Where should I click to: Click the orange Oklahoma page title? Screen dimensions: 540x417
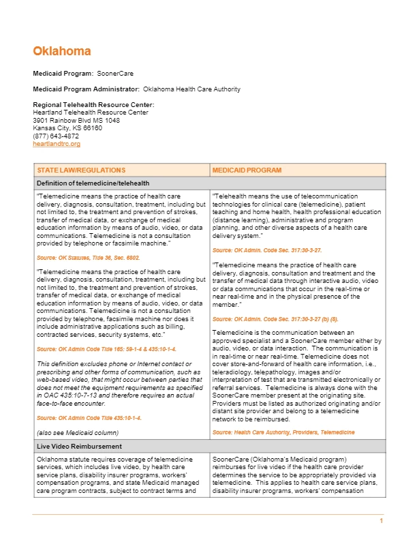tap(62, 51)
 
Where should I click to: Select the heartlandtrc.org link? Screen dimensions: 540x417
tap(57, 144)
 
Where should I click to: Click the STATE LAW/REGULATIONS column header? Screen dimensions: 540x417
tap(81, 169)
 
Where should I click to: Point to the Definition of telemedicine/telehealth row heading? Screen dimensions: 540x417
tap(93, 183)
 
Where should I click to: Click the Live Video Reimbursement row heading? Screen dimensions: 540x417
tap(79, 446)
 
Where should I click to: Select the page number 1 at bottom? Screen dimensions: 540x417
tap(382, 522)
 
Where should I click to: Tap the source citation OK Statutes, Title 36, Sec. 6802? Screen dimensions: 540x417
tap(88, 258)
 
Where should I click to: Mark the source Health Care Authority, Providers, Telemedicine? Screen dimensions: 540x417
tap(283, 433)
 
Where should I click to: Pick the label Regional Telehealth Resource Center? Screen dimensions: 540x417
tap(93, 104)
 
